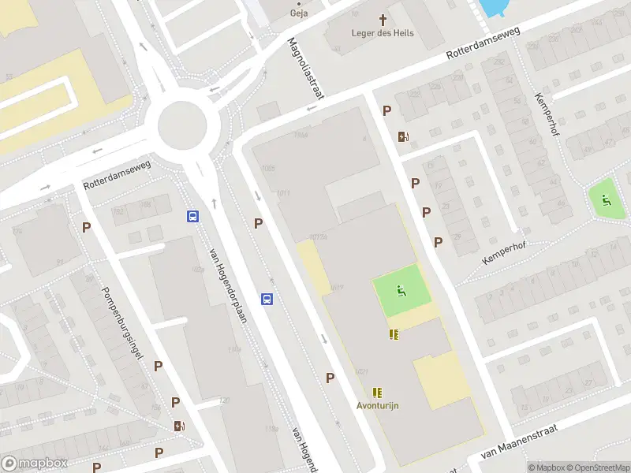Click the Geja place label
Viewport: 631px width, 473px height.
(298, 13)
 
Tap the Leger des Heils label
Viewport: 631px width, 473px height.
(383, 33)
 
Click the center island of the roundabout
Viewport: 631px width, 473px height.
(181, 125)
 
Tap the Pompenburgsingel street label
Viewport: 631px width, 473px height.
(121, 324)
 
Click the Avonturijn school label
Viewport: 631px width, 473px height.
(377, 405)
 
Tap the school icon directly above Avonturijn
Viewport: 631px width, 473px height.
(377, 392)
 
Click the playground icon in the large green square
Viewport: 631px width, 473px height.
(401, 291)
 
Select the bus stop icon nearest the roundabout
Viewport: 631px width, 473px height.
(192, 216)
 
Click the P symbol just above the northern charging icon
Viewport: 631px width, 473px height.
(386, 111)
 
